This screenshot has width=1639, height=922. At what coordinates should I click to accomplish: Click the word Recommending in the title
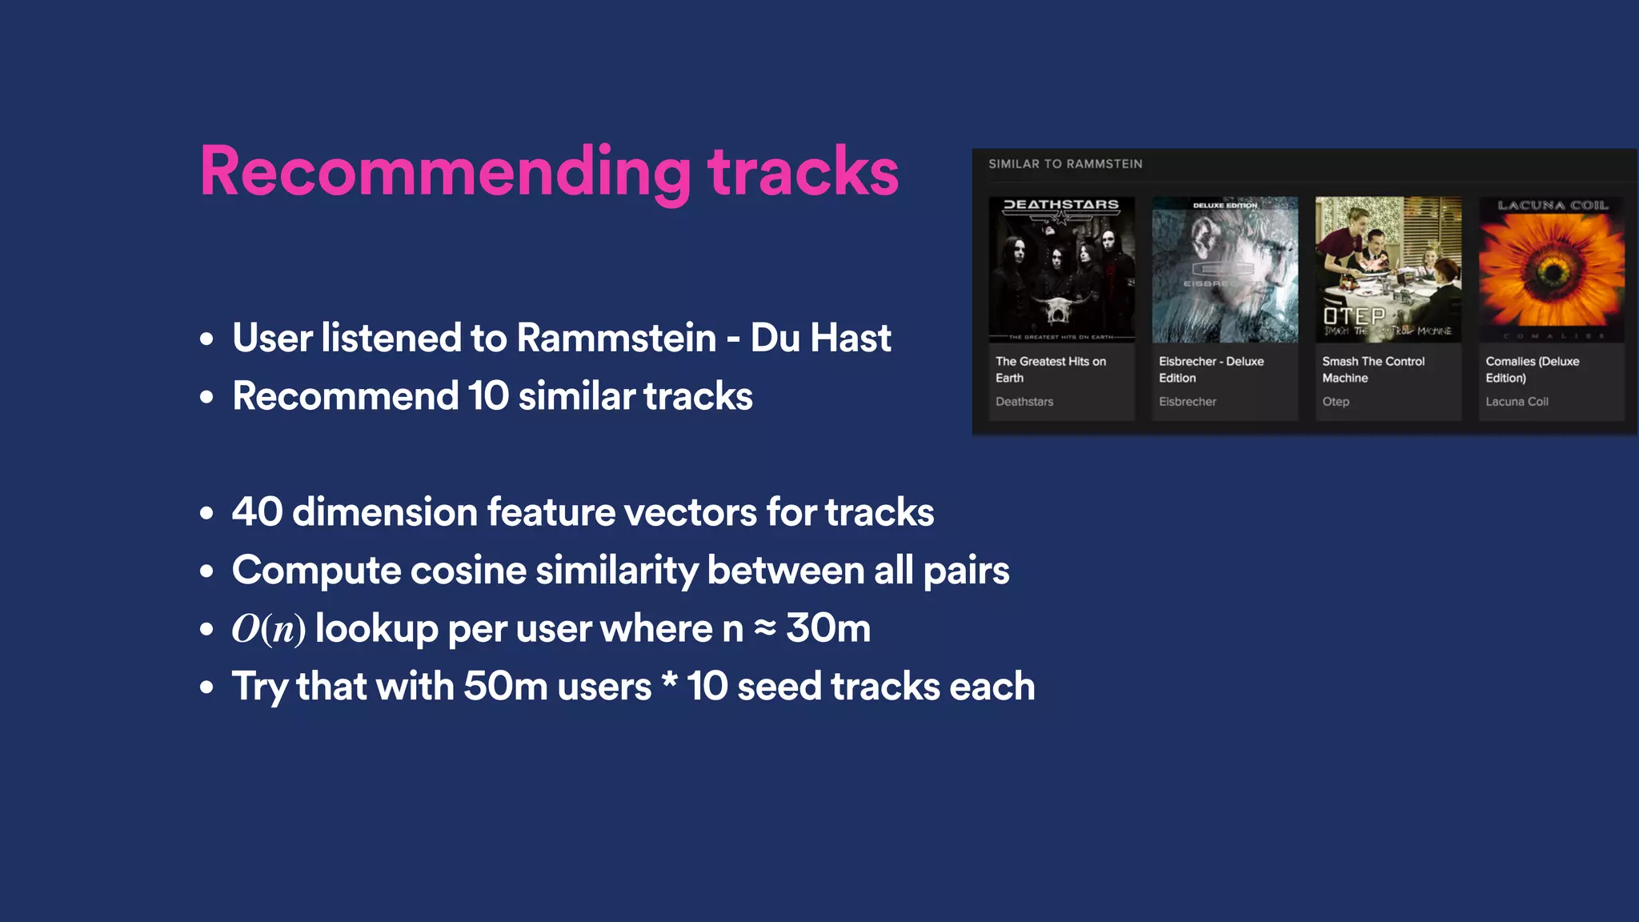(x=445, y=172)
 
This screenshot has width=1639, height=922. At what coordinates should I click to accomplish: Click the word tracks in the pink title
(x=803, y=172)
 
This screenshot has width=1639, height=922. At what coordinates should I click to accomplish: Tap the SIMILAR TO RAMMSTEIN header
(x=1065, y=164)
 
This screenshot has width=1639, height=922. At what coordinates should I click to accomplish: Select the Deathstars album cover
(x=1061, y=270)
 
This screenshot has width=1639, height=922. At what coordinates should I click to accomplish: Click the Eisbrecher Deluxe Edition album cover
(x=1224, y=270)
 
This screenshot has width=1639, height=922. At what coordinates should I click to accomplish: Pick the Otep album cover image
(x=1388, y=270)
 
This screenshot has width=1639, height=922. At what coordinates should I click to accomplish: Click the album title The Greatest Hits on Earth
(x=1050, y=370)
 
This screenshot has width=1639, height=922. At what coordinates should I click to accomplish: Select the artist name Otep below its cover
(x=1335, y=402)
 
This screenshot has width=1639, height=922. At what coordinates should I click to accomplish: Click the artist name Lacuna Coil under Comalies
(x=1517, y=402)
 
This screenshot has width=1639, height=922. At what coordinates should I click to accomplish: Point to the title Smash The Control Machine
(x=1373, y=370)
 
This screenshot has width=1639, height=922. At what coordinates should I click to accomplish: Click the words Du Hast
(x=820, y=338)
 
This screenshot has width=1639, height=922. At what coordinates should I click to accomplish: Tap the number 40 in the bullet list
(x=257, y=512)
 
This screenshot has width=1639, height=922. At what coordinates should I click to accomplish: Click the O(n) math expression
(x=268, y=629)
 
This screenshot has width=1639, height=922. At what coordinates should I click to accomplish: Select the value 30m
(x=828, y=628)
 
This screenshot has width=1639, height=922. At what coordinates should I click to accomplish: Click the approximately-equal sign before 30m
(x=765, y=628)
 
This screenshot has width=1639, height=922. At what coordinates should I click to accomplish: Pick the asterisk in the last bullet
(x=670, y=682)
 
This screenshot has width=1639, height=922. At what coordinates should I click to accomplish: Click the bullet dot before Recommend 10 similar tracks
(x=207, y=397)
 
